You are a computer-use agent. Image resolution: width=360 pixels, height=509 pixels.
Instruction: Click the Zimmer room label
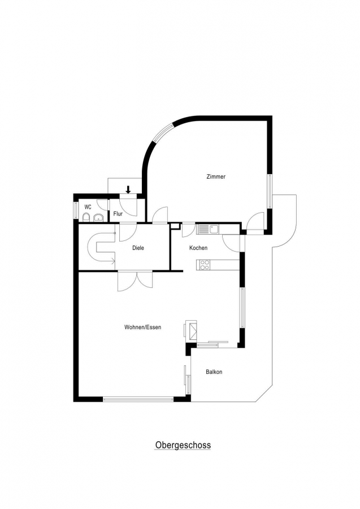(216, 177)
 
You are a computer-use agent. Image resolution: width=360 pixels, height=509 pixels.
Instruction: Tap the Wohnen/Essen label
(143, 327)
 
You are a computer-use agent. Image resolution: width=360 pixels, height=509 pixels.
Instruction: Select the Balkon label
(214, 372)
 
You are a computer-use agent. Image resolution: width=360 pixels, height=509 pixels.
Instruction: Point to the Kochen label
(198, 248)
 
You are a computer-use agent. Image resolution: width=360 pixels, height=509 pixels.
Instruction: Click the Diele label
(138, 248)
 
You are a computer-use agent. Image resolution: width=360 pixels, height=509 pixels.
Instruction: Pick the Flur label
(118, 214)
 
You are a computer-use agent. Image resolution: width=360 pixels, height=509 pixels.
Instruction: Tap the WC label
(88, 207)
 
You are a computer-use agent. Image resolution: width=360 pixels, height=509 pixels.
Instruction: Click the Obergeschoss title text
(183, 445)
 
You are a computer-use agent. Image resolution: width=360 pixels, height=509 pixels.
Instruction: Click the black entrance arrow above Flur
(128, 189)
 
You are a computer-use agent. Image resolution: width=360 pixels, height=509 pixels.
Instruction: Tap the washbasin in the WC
(98, 218)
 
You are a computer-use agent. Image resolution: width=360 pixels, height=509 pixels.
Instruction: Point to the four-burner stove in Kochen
(205, 265)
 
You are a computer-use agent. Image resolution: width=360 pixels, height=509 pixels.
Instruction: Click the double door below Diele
(136, 281)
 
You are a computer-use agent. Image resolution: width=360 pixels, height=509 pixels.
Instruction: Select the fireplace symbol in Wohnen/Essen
(192, 330)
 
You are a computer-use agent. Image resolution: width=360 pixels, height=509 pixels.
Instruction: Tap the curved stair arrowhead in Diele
(113, 260)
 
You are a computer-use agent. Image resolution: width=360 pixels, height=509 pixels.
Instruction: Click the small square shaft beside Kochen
(175, 226)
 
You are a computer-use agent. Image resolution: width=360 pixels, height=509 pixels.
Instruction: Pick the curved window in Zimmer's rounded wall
(164, 132)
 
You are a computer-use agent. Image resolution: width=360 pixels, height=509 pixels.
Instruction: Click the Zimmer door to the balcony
(255, 222)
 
